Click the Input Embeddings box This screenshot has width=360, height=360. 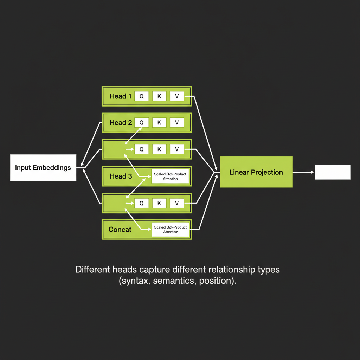[43, 167]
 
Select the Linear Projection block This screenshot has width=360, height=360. [256, 172]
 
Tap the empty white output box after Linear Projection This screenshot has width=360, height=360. [332, 172]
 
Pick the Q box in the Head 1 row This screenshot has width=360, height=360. [141, 96]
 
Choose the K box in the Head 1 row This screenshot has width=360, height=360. [159, 96]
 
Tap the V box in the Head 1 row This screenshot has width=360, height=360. [177, 96]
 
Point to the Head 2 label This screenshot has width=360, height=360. [121, 123]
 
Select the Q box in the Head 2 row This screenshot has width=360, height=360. [141, 123]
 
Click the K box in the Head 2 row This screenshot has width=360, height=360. [159, 123]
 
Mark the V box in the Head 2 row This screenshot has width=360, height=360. [177, 123]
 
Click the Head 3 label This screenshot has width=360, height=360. [121, 176]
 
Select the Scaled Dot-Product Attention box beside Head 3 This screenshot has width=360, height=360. [170, 176]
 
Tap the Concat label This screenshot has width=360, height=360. [120, 230]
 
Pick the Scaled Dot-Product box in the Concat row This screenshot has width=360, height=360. [170, 230]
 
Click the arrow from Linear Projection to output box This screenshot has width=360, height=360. [303, 172]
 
